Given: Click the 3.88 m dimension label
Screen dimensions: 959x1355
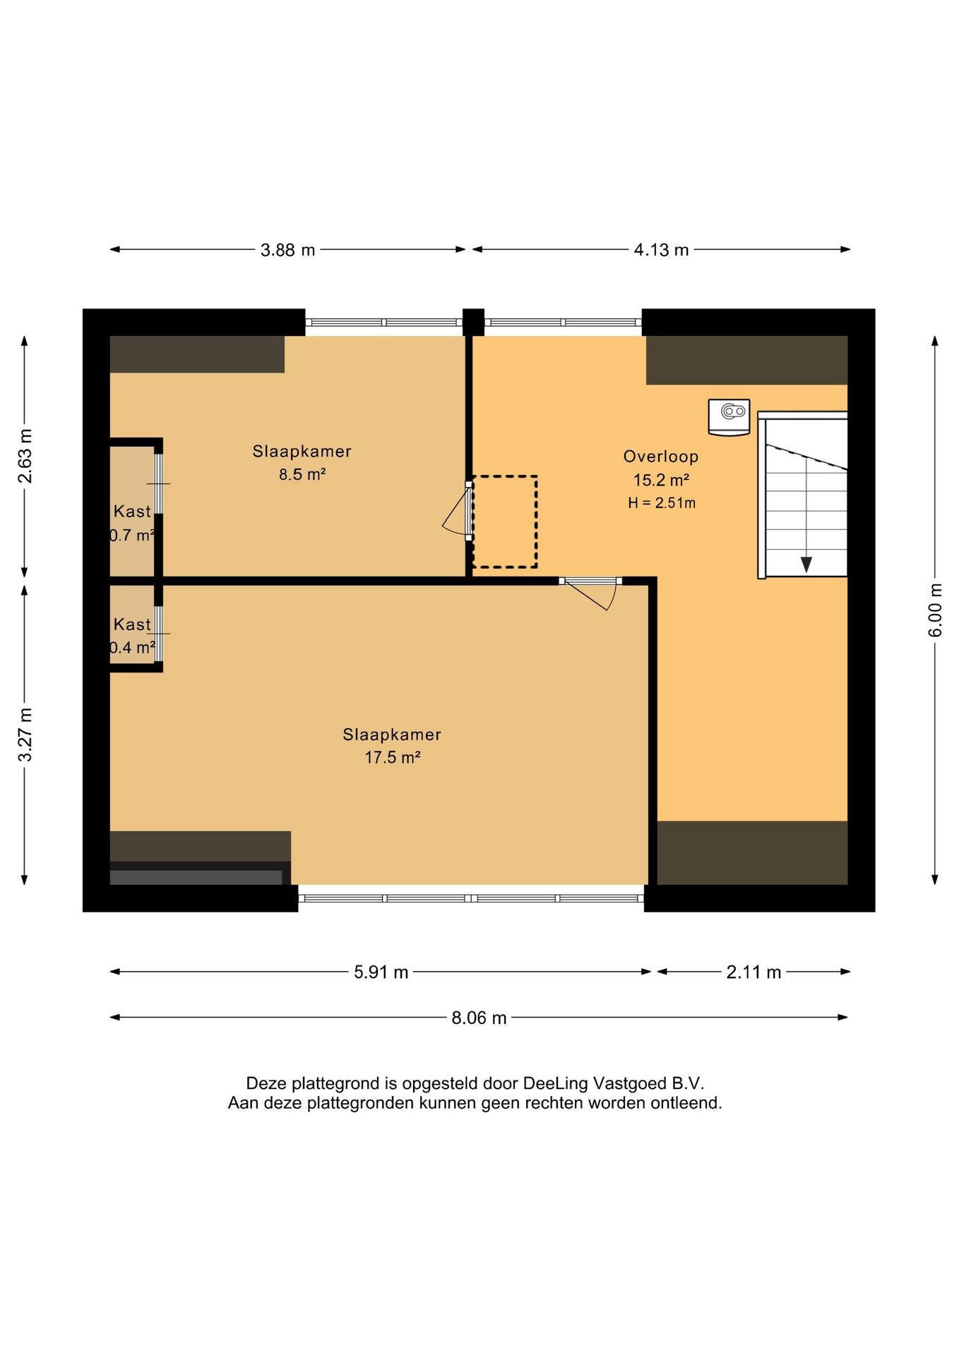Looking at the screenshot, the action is click(x=287, y=250).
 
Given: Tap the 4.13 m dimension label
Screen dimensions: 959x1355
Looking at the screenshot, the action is click(x=661, y=250).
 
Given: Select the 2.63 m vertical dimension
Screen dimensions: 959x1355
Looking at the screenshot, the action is click(x=25, y=456).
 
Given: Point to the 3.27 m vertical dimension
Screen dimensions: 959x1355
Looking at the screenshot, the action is click(x=25, y=735).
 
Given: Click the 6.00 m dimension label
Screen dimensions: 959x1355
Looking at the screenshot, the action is click(x=935, y=610).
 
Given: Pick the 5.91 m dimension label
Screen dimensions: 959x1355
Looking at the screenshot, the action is click(x=381, y=972).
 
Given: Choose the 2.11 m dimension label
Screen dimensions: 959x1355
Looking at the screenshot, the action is click(x=753, y=972).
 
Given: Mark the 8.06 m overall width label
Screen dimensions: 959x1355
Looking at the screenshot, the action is click(x=479, y=1018).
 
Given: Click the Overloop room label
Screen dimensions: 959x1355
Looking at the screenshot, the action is click(x=661, y=457).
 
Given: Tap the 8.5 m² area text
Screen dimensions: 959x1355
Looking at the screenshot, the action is click(x=302, y=474).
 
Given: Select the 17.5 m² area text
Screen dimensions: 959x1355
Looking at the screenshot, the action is click(x=393, y=758).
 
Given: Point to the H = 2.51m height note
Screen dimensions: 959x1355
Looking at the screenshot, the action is click(x=662, y=503).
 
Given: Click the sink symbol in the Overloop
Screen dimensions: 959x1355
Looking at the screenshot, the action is click(x=729, y=417).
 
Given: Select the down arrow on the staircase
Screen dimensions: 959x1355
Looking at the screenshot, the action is click(x=806, y=565).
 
